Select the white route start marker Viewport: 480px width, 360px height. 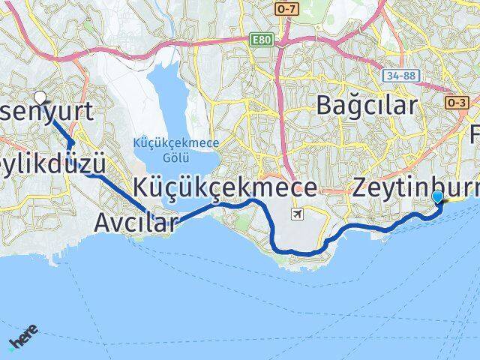(40, 97)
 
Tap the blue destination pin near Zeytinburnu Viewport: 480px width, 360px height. (438, 196)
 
